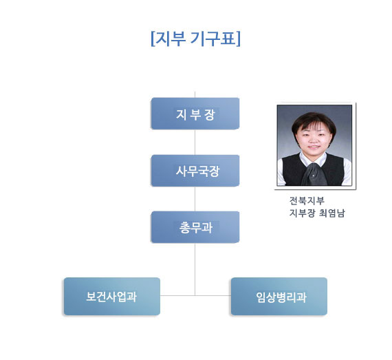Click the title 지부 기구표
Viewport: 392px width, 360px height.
pyautogui.click(x=195, y=39)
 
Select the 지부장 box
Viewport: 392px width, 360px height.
pyautogui.click(x=195, y=114)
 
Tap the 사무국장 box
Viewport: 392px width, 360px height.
pyautogui.click(x=195, y=171)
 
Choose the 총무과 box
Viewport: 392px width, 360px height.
pyautogui.click(x=195, y=227)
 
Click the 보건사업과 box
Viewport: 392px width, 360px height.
pyautogui.click(x=112, y=296)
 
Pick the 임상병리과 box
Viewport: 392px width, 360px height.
pyautogui.click(x=279, y=296)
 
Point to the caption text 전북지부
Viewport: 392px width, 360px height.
pyautogui.click(x=307, y=200)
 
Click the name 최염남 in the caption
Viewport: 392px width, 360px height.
pyautogui.click(x=332, y=213)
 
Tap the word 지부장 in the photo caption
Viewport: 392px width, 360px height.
pyautogui.click(x=302, y=213)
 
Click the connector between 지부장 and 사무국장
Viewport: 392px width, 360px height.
pyautogui.click(x=195, y=142)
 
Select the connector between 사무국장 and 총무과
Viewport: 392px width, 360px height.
pyautogui.click(x=195, y=199)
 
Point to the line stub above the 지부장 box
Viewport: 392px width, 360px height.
pyautogui.click(x=195, y=94)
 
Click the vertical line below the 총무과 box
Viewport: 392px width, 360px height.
pyautogui.click(x=195, y=269)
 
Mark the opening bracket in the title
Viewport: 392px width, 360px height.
pyautogui.click(x=153, y=39)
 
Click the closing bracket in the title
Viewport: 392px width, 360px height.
pyautogui.click(x=238, y=39)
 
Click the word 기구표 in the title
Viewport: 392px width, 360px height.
pyautogui.click(x=213, y=39)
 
